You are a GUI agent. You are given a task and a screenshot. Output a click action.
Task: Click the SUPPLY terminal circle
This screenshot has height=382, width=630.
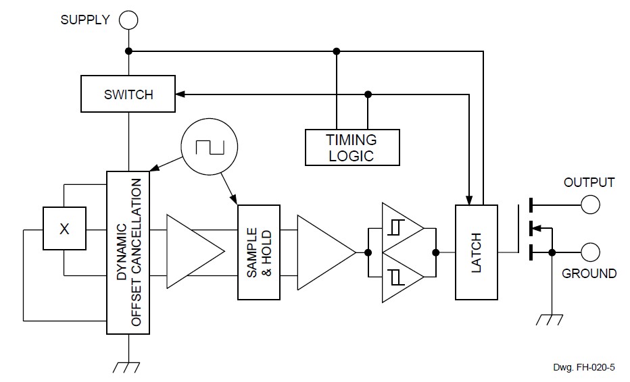(x=128, y=20)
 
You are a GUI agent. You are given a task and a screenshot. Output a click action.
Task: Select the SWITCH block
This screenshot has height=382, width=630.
(x=128, y=94)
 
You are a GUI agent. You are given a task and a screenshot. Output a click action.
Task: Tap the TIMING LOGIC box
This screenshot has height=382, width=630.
(x=352, y=148)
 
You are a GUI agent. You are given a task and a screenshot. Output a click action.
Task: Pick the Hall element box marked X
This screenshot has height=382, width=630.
(x=64, y=229)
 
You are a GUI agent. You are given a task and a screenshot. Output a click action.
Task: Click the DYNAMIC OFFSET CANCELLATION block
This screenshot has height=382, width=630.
(x=128, y=252)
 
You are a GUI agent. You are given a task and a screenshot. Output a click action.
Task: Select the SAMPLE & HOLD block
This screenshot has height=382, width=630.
(x=258, y=252)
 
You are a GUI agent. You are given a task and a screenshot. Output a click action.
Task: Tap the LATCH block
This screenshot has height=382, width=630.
(x=476, y=252)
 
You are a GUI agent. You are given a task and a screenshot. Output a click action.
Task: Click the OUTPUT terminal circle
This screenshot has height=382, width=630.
(x=590, y=203)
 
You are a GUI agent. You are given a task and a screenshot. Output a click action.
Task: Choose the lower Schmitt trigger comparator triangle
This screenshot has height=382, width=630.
(x=400, y=277)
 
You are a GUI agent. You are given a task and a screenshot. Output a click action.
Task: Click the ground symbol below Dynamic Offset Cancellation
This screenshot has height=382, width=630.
(x=128, y=365)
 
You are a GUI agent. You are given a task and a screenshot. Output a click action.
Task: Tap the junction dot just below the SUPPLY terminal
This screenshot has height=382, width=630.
(x=128, y=51)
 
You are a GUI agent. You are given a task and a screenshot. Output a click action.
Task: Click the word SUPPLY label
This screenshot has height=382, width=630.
(x=84, y=20)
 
